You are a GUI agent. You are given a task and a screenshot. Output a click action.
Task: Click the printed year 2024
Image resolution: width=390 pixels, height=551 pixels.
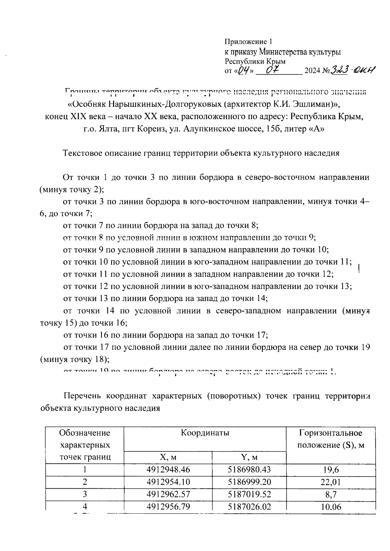pos(312,71)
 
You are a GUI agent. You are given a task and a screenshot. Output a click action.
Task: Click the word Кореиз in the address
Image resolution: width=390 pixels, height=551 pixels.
pos(149,129)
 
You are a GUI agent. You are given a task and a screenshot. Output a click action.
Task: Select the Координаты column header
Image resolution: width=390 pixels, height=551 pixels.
pos(205,433)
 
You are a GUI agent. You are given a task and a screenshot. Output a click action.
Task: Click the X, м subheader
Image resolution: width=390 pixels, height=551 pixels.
pos(168,457)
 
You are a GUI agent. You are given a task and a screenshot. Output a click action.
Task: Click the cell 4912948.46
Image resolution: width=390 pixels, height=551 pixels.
pos(168,470)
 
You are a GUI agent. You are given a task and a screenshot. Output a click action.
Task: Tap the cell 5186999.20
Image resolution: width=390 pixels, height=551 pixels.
pos(249,482)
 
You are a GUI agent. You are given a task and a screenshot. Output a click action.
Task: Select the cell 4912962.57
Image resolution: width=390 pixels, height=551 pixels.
pos(168,494)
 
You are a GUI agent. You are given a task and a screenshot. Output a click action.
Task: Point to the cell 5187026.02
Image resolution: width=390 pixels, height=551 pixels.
pos(249,507)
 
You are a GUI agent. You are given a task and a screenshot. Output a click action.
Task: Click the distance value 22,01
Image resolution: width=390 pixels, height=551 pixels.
pos(331,482)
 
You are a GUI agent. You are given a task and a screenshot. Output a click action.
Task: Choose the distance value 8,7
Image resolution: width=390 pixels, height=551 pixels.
pos(331,494)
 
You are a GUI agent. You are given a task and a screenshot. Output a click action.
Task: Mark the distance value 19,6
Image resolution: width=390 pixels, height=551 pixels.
pos(331,470)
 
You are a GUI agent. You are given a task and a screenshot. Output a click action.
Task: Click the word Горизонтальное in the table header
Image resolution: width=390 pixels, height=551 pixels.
pos(331,433)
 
